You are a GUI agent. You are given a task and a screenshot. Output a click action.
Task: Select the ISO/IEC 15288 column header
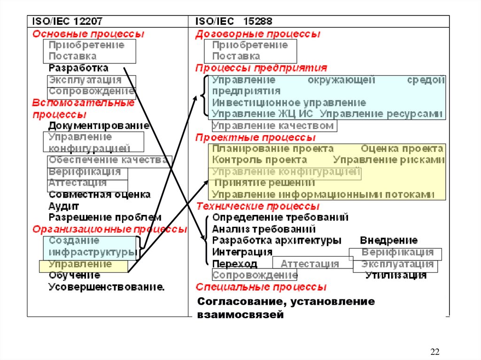pos(233,22)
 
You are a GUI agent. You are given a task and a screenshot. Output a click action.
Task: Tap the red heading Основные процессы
pos(88,34)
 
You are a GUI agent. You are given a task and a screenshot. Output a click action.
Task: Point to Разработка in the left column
pos(78,68)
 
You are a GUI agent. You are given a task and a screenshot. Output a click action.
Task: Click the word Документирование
pos(99,126)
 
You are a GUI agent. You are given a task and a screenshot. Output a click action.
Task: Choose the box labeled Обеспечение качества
pos(109,160)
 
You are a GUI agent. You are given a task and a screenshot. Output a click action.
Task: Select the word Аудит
pos(64,206)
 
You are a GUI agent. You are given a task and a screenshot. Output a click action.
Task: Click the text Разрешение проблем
pos(105,217)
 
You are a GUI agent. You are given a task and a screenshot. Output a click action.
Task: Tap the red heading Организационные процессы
pos(109,229)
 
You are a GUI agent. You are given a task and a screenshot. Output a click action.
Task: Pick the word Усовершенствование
pos(107,287)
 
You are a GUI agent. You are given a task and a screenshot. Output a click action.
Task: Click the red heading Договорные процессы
pos(258,34)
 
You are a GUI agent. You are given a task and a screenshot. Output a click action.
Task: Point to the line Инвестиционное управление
pos(289,102)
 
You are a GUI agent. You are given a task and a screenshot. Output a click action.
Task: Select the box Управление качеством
pos(273,126)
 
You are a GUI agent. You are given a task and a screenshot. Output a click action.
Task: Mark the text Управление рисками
pos(388,160)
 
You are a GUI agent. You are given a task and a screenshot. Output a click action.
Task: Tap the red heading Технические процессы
pos(258,206)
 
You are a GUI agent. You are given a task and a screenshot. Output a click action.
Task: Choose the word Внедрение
pos(388,241)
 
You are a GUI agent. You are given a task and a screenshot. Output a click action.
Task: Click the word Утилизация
pos(396,276)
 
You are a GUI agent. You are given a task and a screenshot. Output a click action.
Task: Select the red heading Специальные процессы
pos(261,287)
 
